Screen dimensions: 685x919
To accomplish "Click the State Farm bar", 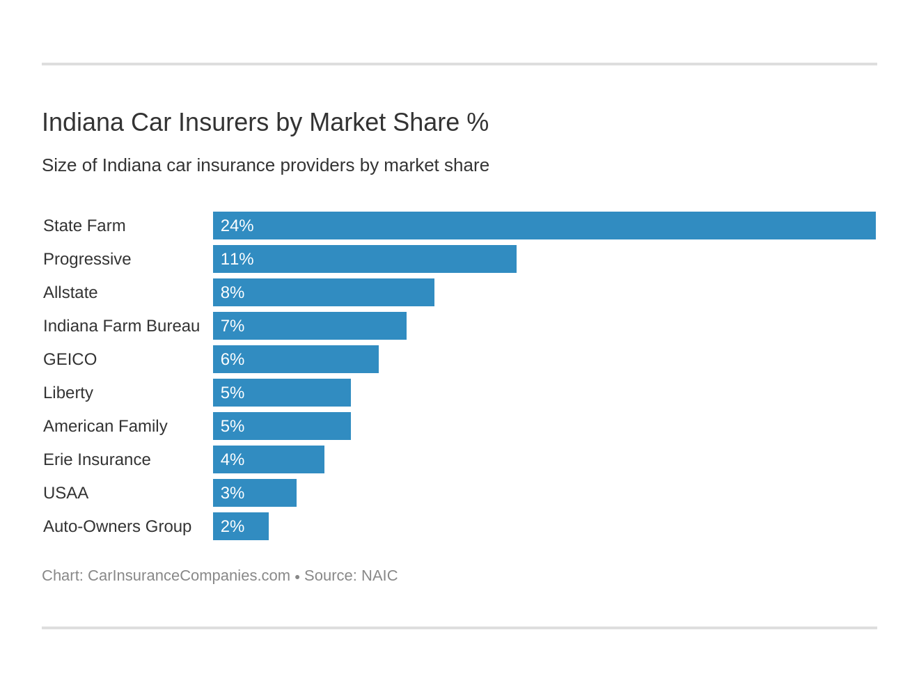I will click(x=544, y=226).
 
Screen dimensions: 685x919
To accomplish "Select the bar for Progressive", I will click(x=364, y=259).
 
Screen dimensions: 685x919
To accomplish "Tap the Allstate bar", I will click(x=323, y=292).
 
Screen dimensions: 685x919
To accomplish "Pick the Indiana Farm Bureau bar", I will click(x=309, y=326).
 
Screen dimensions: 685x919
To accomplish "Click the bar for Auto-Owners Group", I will click(x=241, y=526).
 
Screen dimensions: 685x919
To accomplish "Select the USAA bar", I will click(x=255, y=493).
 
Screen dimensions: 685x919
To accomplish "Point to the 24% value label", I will click(x=237, y=226).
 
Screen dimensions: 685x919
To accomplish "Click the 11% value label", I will click(x=237, y=259).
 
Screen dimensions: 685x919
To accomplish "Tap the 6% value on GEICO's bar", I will click(x=233, y=359).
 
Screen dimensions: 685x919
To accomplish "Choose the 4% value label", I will click(x=233, y=459).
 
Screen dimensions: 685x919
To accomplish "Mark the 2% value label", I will click(x=233, y=526).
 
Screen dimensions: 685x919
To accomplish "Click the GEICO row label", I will click(x=70, y=359).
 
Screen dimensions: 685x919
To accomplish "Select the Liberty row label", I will click(x=68, y=393).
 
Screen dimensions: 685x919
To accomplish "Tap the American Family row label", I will click(x=105, y=426).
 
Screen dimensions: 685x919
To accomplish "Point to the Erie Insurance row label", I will click(x=97, y=459).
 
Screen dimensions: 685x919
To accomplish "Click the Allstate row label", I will click(x=70, y=292).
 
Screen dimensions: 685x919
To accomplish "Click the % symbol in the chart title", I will click(x=478, y=123).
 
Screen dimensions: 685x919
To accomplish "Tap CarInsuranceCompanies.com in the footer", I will click(x=189, y=576).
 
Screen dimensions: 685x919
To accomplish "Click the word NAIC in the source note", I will click(x=379, y=576).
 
